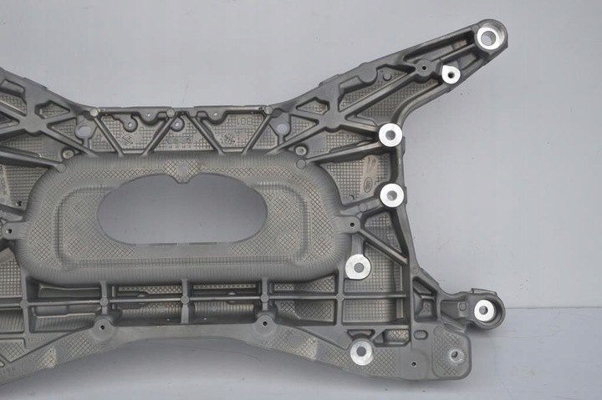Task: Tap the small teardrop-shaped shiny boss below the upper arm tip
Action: point(451,74)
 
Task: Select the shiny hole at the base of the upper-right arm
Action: point(390,134)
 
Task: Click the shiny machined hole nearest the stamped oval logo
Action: point(392,195)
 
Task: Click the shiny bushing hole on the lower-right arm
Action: point(484,311)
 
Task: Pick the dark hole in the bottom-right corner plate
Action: point(455,355)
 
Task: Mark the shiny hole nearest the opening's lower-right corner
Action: point(358,266)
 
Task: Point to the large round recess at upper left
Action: point(84,130)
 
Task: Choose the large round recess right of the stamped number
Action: point(281,128)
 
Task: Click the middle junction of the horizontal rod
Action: point(183,297)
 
